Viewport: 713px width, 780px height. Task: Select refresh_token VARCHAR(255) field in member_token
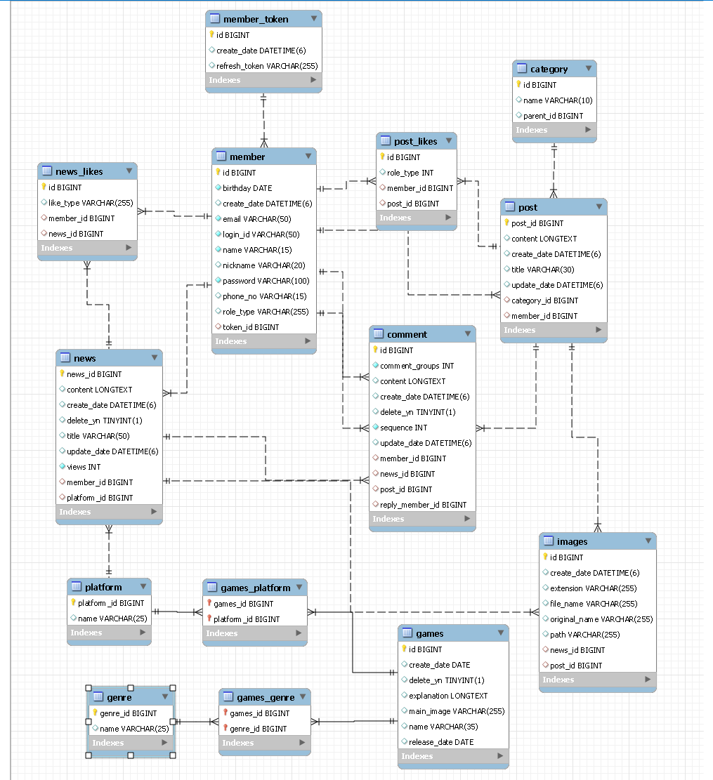tap(267, 66)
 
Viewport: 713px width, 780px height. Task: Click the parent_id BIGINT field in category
tap(553, 116)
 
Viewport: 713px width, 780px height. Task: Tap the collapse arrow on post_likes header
tap(449, 141)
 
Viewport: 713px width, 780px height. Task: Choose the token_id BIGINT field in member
tap(251, 327)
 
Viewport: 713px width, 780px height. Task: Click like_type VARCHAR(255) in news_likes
tap(91, 203)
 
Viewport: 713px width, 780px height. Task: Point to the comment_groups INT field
tap(417, 366)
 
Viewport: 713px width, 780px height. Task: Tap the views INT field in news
tap(84, 467)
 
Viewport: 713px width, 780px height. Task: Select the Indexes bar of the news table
tap(109, 512)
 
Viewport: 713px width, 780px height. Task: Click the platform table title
tap(103, 587)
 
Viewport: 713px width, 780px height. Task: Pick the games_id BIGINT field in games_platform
tap(243, 604)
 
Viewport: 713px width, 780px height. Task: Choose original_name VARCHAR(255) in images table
tap(601, 619)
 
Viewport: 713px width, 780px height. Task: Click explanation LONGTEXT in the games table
tap(448, 696)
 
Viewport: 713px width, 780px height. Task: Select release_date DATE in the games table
tap(440, 742)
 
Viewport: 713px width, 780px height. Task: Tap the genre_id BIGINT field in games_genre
tap(258, 729)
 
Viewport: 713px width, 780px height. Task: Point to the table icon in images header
tap(548, 541)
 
